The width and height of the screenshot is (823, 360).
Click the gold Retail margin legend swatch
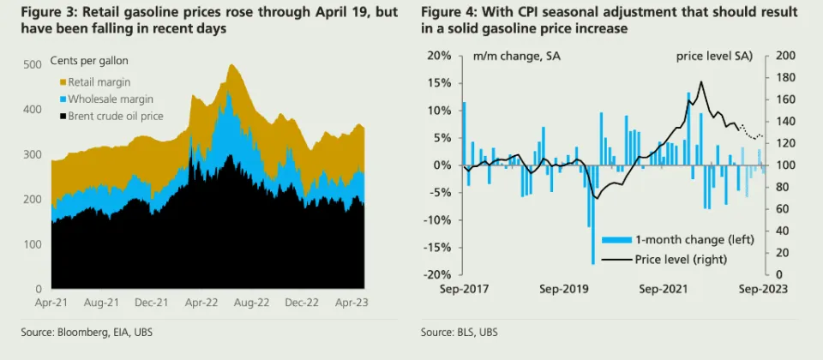[63, 82]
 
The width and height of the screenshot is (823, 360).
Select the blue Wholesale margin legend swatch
[63, 99]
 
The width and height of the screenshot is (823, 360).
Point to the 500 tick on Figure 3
[33, 64]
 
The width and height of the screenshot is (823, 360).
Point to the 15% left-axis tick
[439, 83]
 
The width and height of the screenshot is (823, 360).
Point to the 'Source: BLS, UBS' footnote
[459, 332]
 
